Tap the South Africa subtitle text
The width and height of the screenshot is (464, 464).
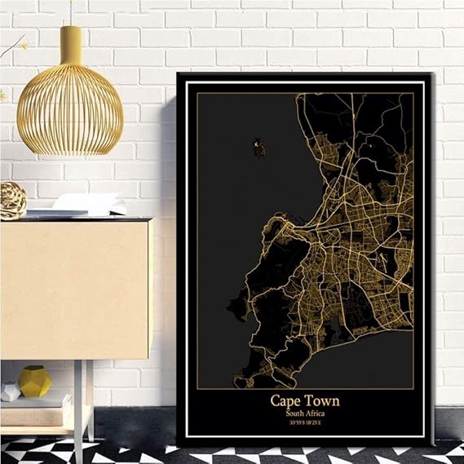pyautogui.click(x=304, y=413)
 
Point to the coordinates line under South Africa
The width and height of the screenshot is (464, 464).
pyautogui.click(x=304, y=423)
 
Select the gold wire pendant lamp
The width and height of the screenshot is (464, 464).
pyautogui.click(x=70, y=114)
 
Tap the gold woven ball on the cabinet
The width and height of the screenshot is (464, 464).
pyautogui.click(x=12, y=200)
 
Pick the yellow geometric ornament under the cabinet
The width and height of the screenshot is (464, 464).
pyautogui.click(x=35, y=382)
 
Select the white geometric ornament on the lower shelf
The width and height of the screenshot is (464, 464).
pyautogui.click(x=10, y=391)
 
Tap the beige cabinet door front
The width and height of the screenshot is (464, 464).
pyautogui.click(x=73, y=289)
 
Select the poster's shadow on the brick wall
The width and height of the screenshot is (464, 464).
pyautogui.click(x=168, y=245)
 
